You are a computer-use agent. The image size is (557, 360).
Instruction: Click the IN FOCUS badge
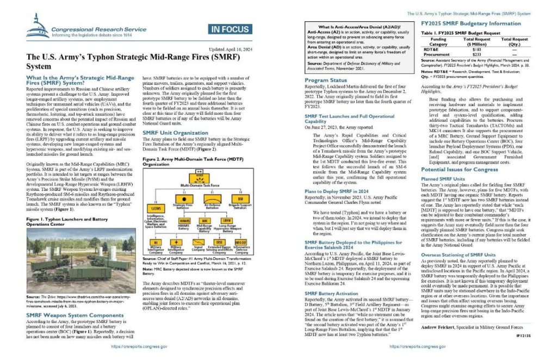(x=230, y=30)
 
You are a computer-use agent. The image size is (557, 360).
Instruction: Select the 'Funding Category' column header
(x=438, y=41)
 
